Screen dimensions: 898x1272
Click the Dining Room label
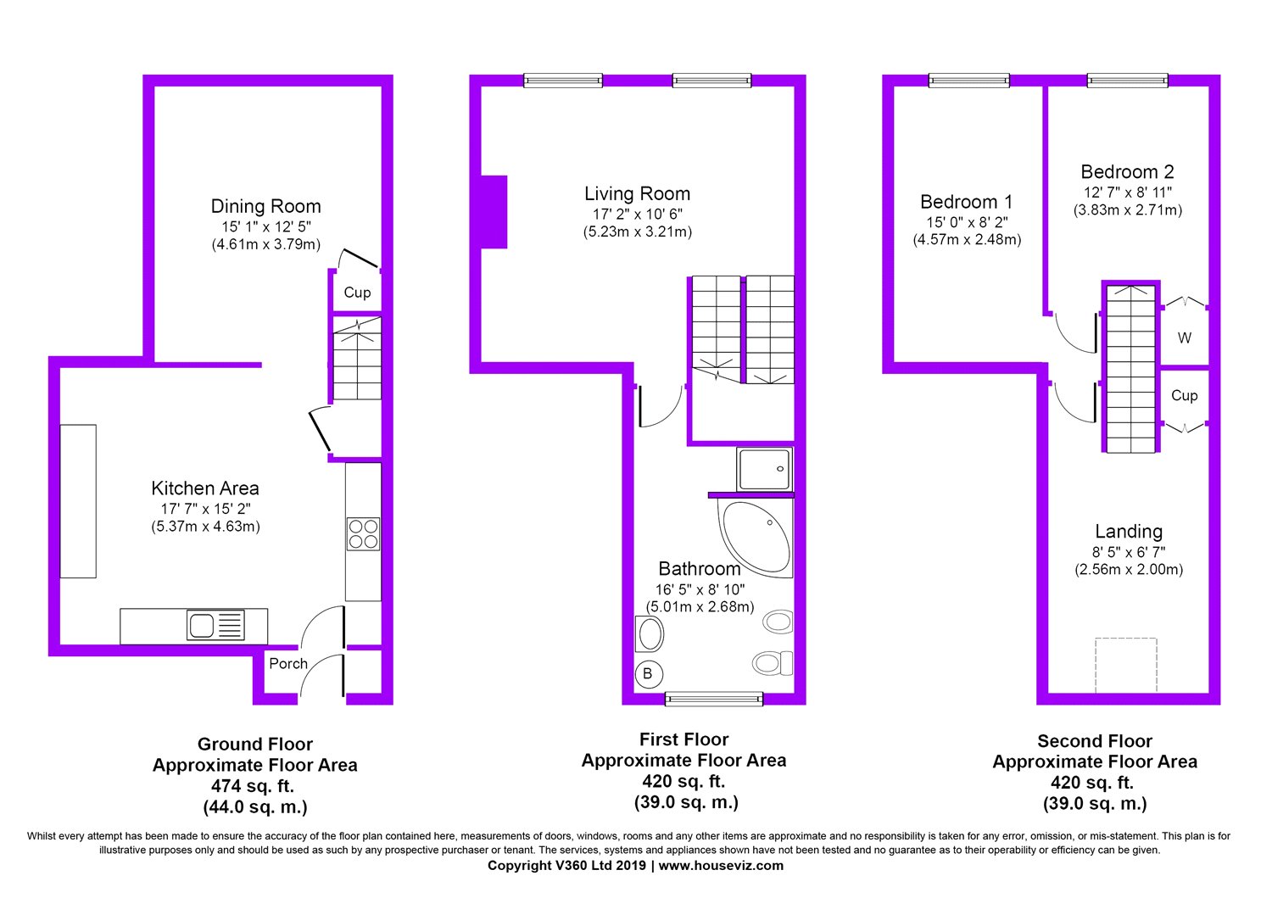pyautogui.click(x=265, y=206)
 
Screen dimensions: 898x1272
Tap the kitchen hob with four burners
pyautogui.click(x=363, y=534)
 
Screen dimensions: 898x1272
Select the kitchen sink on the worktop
pyautogui.click(x=202, y=627)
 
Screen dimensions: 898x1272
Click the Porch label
pyautogui.click(x=288, y=664)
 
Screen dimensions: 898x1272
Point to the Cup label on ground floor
pyautogui.click(x=357, y=293)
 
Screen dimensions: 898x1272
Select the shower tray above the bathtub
pyautogui.click(x=764, y=469)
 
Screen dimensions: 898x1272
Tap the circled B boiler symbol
pyautogui.click(x=647, y=674)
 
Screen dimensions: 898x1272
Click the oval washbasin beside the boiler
pyautogui.click(x=650, y=633)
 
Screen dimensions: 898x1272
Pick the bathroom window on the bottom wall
pyautogui.click(x=714, y=699)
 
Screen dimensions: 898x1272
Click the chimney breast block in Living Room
pyautogui.click(x=494, y=212)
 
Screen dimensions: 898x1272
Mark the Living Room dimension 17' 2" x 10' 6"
pyautogui.click(x=637, y=215)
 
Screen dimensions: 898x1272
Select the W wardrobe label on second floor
pyautogui.click(x=1185, y=338)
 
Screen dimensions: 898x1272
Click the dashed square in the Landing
pyautogui.click(x=1126, y=666)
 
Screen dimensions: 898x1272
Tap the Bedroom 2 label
pyautogui.click(x=1127, y=172)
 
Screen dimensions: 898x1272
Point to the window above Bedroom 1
pyautogui.click(x=968, y=81)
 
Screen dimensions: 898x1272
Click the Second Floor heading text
pyautogui.click(x=1095, y=741)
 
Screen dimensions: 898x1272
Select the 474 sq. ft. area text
pyautogui.click(x=255, y=786)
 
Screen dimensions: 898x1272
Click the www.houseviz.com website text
pyautogui.click(x=721, y=866)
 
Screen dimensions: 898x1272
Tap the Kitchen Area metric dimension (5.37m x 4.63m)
pyautogui.click(x=205, y=527)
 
